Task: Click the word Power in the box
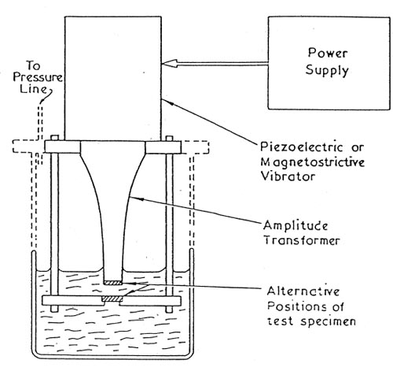tap(328, 53)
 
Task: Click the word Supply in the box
tap(327, 70)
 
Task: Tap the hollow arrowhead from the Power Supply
tap(169, 63)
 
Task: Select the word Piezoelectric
tap(301, 147)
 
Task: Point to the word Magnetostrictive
tap(313, 162)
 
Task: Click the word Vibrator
tap(288, 176)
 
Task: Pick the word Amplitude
tap(296, 226)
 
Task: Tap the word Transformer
tap(301, 240)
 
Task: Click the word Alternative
tap(303, 291)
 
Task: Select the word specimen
tap(328, 321)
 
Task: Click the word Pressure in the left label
tap(38, 77)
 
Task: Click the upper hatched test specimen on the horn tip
tap(112, 283)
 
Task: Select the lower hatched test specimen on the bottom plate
tap(112, 299)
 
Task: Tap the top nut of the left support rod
tap(54, 138)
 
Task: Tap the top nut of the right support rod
tap(169, 139)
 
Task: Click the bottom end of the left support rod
tap(54, 309)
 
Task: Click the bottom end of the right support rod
tap(169, 309)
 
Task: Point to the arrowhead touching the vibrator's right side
tap(167, 102)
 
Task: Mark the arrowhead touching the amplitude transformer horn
tap(136, 198)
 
